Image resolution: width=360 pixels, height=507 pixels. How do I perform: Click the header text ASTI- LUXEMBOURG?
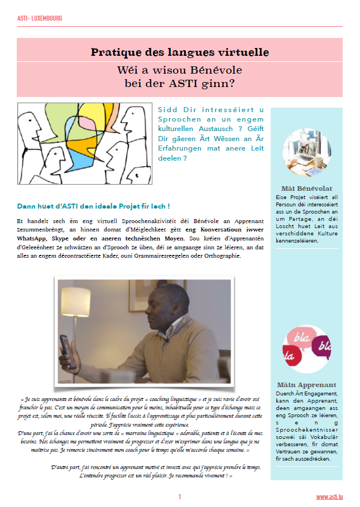point(40,18)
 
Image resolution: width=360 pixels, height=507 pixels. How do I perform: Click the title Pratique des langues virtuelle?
point(180,52)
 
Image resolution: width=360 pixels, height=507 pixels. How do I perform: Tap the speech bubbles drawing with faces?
point(84,143)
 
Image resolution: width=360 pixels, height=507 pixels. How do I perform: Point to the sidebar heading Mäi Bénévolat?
point(306,188)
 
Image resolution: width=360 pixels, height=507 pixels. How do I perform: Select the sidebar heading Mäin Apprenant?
point(306,385)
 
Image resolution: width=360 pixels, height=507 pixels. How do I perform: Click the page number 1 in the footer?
point(180,496)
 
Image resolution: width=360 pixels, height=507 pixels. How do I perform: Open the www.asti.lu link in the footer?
point(329,496)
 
